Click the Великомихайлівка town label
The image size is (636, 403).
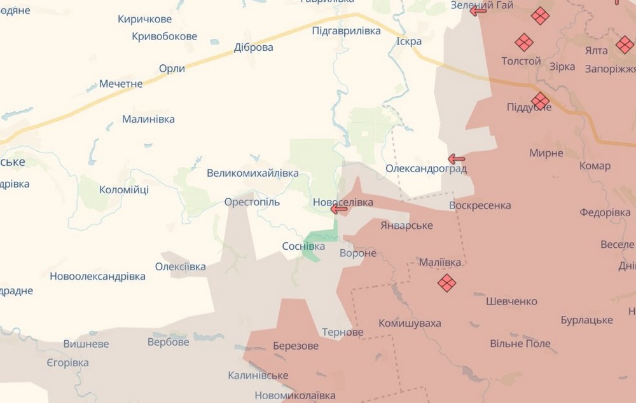click(252, 173)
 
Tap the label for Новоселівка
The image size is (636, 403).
click(343, 202)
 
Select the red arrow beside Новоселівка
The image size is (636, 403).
click(338, 208)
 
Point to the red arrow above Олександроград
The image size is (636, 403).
click(456, 159)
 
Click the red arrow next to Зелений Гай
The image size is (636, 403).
click(478, 10)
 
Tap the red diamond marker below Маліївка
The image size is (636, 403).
click(446, 283)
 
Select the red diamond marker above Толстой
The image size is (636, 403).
click(524, 43)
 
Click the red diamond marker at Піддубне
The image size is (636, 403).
click(540, 100)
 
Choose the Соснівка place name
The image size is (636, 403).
click(303, 246)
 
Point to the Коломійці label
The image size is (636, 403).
click(124, 189)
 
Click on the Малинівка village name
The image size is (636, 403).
click(148, 119)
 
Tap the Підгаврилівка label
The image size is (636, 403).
click(347, 31)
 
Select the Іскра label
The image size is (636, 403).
click(409, 41)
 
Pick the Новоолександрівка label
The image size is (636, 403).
click(97, 277)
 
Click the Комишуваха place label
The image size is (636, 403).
click(410, 324)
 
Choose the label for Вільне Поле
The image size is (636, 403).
click(520, 344)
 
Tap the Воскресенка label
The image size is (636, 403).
click(480, 205)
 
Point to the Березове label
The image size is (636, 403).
click(296, 346)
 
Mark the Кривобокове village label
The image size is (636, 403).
click(165, 36)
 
